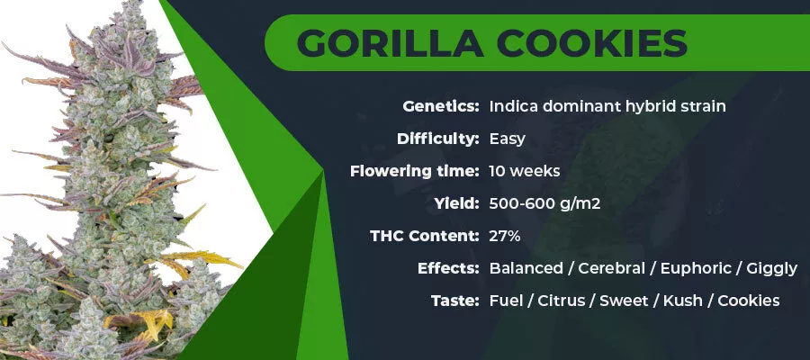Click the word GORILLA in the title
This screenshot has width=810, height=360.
391,43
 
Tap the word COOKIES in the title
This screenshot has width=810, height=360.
592,43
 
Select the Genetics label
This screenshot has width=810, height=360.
441,107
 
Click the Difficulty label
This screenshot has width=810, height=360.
438,139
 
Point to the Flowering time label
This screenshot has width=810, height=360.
415,171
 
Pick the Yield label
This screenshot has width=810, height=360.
457,203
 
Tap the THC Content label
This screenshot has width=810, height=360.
425,236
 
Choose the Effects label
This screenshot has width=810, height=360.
448,268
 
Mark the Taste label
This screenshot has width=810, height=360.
455,301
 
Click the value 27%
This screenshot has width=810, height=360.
505,236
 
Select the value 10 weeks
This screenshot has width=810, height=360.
525,171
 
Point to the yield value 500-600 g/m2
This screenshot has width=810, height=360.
545,204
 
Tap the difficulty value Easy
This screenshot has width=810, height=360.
508,139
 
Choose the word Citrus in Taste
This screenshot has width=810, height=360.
561,301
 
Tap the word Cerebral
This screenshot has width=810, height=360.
612,268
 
